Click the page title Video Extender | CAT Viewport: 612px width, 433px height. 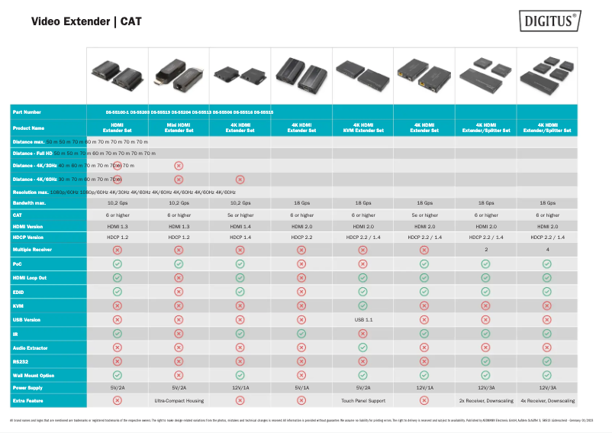85,21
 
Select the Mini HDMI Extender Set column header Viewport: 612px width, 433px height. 179,127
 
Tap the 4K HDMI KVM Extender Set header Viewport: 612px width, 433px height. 362,127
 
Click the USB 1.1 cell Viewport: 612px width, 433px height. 362,319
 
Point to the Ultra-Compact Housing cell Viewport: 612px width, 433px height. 179,400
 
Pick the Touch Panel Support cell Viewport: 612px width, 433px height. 362,400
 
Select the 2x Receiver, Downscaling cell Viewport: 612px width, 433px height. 485,400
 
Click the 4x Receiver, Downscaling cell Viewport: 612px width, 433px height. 547,400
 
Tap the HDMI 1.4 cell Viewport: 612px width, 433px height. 240,227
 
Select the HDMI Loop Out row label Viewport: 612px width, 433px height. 30,278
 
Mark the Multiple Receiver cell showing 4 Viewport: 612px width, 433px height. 547,250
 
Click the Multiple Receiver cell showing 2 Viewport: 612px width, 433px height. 485,250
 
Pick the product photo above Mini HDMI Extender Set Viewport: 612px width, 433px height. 179,74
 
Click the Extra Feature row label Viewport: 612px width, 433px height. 27,400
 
